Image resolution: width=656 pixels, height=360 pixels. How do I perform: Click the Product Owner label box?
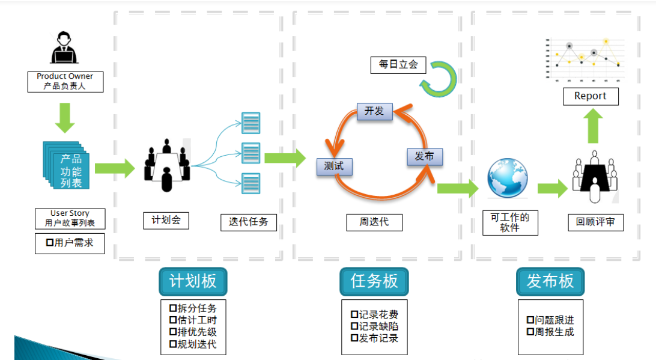[65, 81]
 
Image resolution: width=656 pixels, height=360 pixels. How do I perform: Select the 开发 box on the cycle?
[374, 111]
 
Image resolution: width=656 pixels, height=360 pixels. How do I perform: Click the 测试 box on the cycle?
[334, 166]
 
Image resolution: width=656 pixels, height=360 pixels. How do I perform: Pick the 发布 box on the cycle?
[424, 156]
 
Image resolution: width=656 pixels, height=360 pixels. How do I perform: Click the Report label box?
[590, 96]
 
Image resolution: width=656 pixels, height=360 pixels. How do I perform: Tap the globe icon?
[507, 178]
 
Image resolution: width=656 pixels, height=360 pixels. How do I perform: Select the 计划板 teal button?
[192, 281]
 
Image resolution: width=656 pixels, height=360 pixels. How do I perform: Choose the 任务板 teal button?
[374, 281]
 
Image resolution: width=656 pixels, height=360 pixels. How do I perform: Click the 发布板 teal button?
[550, 281]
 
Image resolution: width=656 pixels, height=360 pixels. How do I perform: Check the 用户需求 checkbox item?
[70, 243]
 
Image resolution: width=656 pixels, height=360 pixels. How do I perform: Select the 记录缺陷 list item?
[374, 326]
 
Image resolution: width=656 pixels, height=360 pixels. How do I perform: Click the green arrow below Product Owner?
[65, 118]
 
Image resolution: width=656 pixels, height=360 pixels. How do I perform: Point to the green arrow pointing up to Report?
[594, 125]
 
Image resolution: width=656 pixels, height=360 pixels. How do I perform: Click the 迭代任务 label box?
[248, 221]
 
